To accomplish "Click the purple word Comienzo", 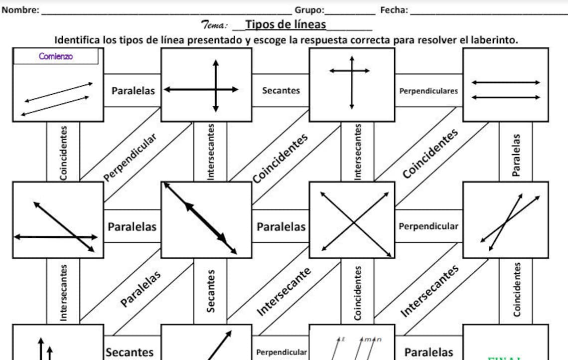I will (x=56, y=56).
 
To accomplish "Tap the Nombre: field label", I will (x=20, y=10).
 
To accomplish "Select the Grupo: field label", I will (x=309, y=10).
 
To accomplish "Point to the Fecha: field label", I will (x=394, y=10).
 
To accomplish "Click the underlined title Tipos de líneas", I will (x=286, y=24).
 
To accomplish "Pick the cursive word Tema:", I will (x=215, y=24).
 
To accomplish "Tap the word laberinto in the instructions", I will (x=493, y=40).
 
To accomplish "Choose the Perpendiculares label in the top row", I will (x=428, y=91).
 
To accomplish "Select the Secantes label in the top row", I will (x=281, y=90).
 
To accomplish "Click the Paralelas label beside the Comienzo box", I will (x=133, y=91).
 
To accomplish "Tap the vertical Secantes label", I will (x=211, y=291).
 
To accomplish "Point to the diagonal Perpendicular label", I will (x=131, y=157).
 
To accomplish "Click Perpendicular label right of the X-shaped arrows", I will (x=428, y=226).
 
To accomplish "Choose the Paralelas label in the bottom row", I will (x=428, y=352).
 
